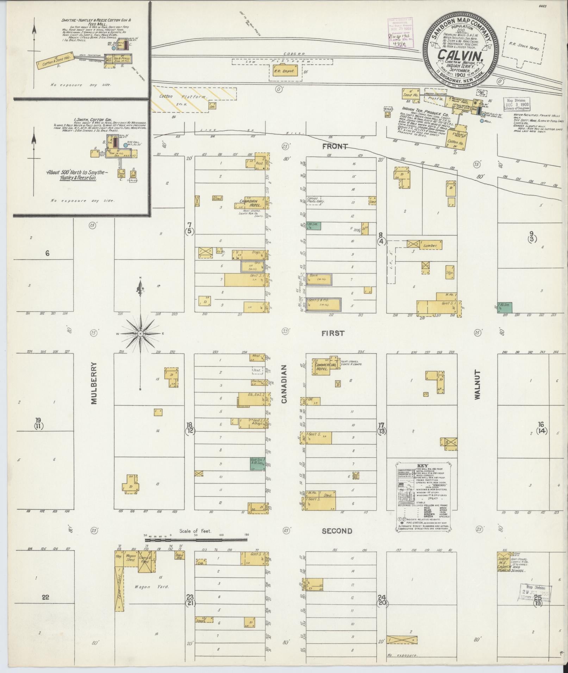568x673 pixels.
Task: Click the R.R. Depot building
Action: click(x=284, y=71)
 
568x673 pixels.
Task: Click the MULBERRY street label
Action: click(x=94, y=383)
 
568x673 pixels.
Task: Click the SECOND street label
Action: click(x=337, y=531)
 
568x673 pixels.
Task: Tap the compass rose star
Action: click(x=140, y=333)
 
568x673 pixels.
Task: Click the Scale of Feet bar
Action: click(x=196, y=549)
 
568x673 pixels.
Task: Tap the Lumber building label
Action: click(x=430, y=246)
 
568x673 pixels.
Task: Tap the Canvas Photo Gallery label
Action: click(x=316, y=200)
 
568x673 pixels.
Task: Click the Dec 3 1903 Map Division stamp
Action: click(x=516, y=104)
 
